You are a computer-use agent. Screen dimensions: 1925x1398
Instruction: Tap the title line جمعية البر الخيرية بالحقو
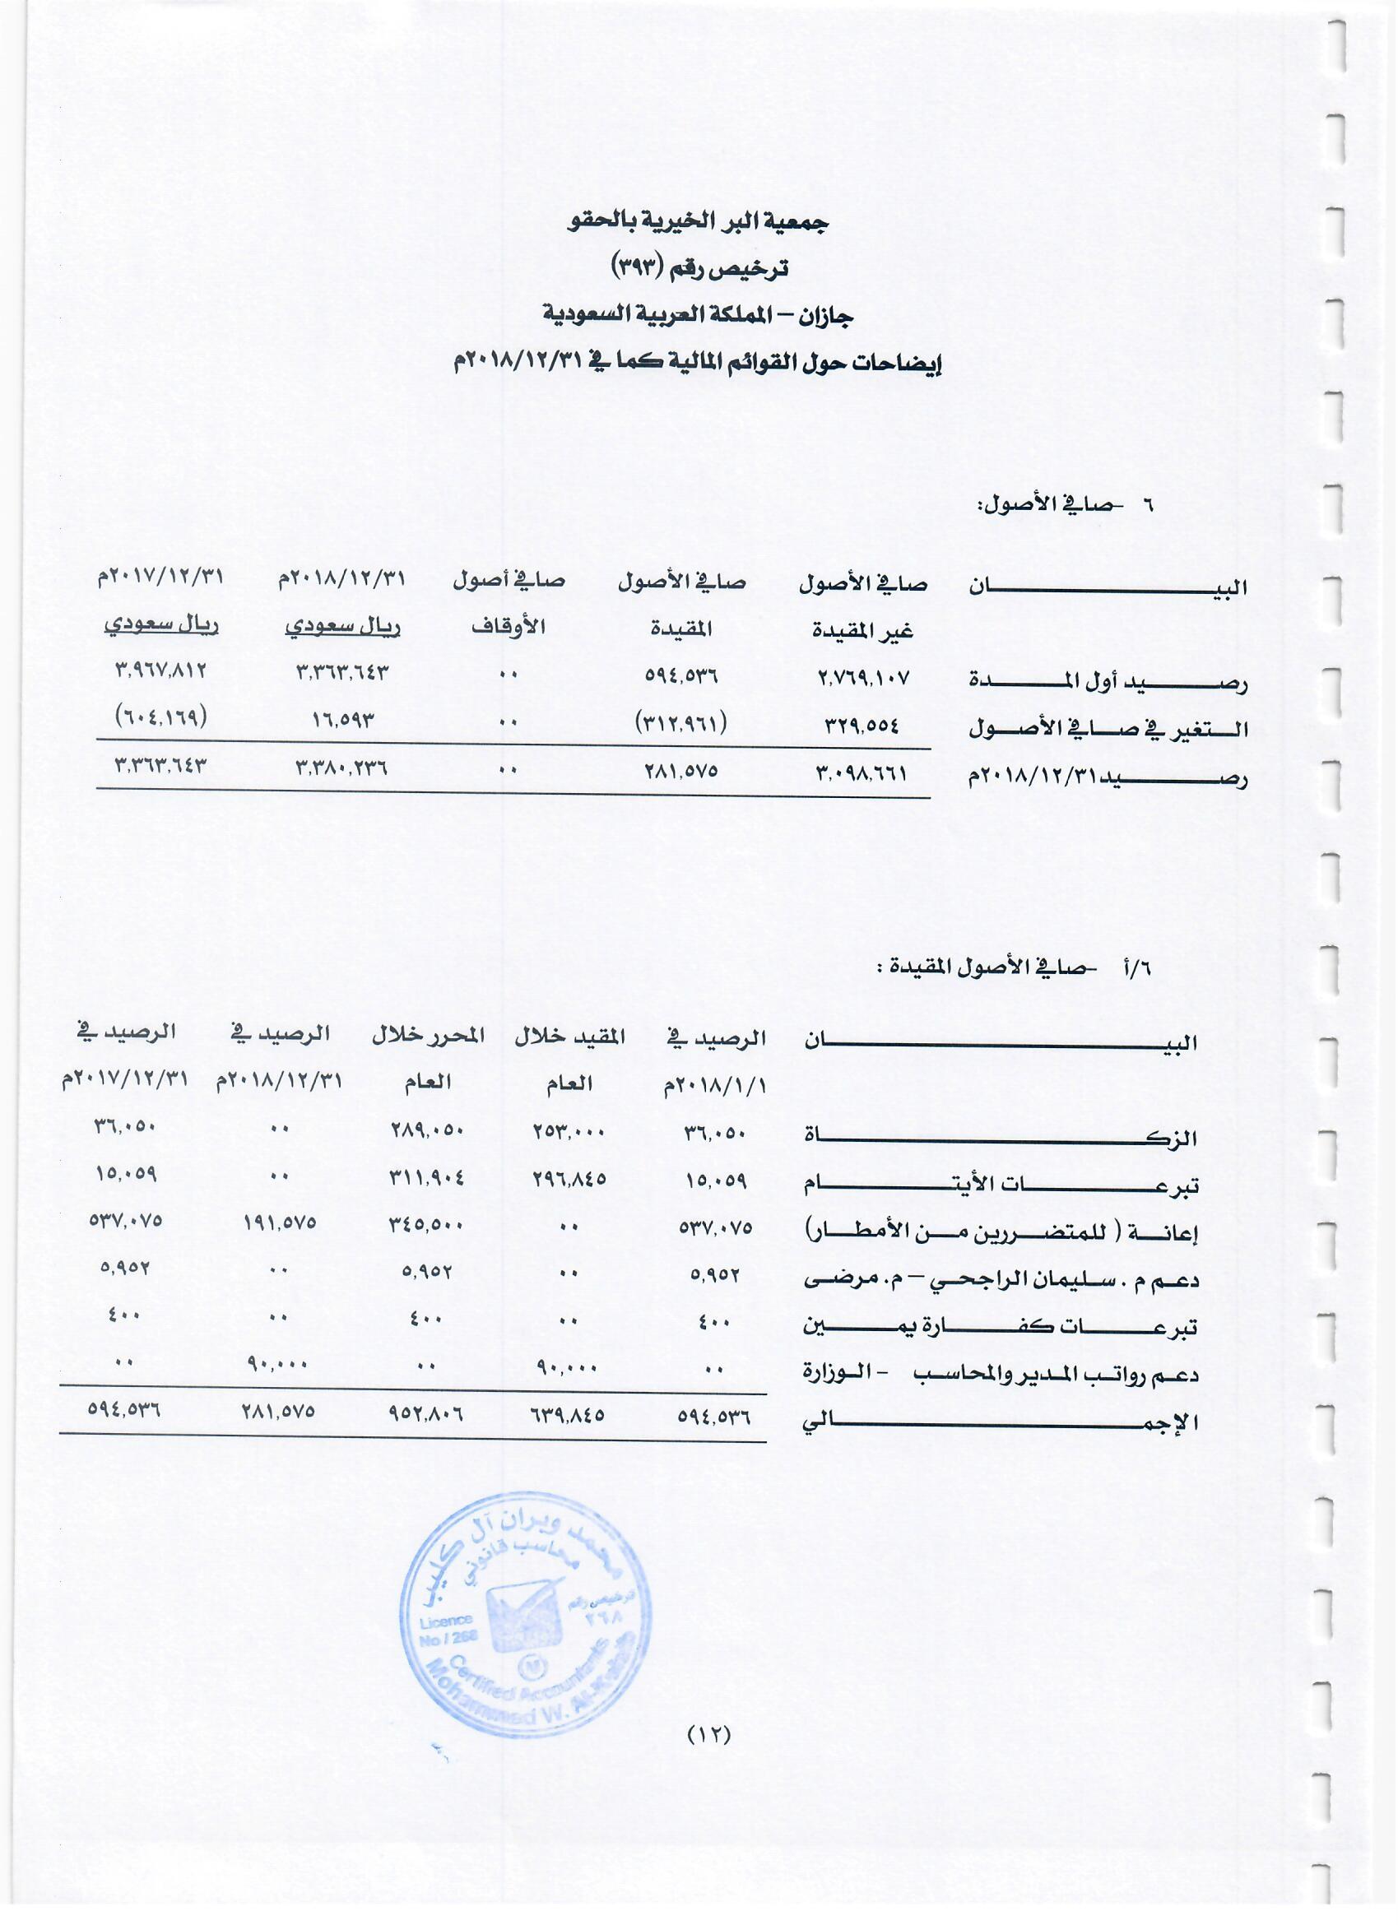[699, 222]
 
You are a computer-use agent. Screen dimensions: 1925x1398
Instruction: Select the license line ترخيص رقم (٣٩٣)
[699, 269]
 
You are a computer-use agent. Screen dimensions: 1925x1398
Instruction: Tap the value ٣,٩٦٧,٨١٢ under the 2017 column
[161, 670]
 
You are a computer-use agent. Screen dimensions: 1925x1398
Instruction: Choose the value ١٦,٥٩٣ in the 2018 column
[342, 721]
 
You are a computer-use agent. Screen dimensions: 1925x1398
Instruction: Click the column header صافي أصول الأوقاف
[509, 604]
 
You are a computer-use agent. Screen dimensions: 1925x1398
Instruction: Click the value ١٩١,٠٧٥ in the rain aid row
[281, 1222]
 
